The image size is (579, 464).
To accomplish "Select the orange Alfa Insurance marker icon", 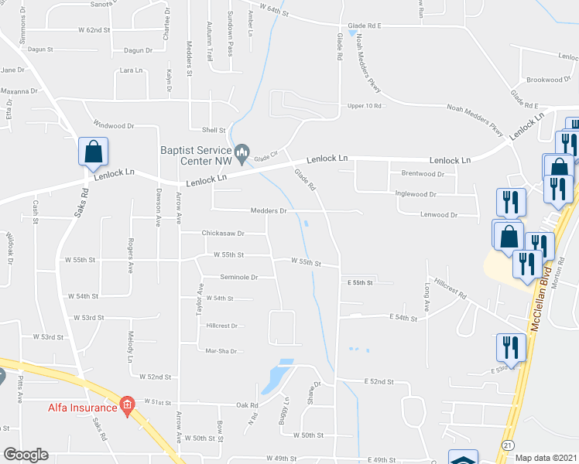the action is pos(127,406).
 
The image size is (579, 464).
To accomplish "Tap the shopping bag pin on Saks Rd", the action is pos(93,154).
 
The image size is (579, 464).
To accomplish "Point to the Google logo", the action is pos(26,455).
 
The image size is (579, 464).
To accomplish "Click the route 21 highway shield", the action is pos(508,445).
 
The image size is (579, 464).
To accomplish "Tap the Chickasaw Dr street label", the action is pos(223,233).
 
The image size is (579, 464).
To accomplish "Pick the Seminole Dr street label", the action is pos(238,276).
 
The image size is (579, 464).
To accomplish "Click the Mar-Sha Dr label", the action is pos(220,351).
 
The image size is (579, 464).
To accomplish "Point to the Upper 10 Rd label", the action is pos(365,105).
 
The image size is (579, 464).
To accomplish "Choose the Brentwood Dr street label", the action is pos(423,175).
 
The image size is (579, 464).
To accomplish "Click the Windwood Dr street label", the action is pos(114,125).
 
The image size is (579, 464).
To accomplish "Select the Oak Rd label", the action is pos(247,405).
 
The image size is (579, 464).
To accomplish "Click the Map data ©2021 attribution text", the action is pos(546,457).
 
